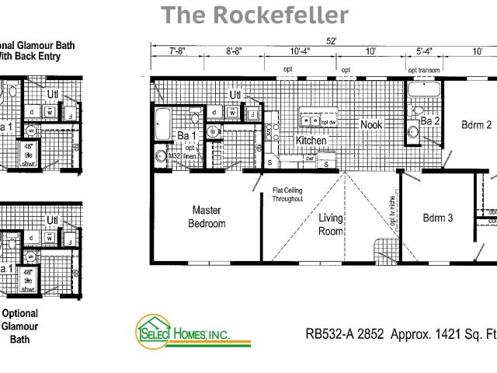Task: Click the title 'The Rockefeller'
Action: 255,15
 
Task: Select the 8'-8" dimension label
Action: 234,52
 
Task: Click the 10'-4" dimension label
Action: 301,52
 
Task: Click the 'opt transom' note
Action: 424,70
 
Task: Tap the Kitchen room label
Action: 311,141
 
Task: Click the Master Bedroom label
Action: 207,217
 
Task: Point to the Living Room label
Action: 331,225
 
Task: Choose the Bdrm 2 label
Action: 476,124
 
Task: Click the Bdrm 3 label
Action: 438,218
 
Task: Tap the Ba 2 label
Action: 430,121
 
